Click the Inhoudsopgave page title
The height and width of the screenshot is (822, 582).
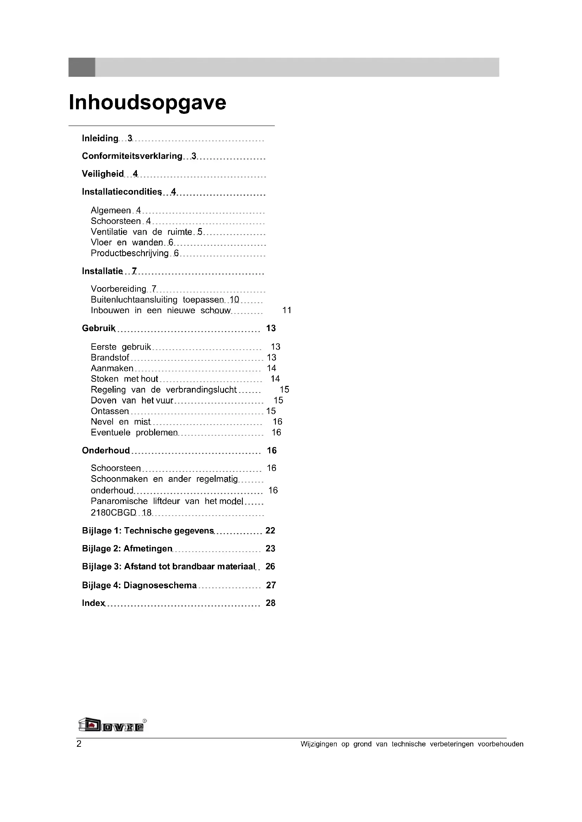point(147,103)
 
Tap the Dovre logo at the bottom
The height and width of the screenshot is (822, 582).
point(112,725)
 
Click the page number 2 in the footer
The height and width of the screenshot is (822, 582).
point(79,744)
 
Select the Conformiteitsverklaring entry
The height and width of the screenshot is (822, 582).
point(132,156)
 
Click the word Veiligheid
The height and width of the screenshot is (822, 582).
point(102,174)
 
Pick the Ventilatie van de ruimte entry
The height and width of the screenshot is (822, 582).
point(141,232)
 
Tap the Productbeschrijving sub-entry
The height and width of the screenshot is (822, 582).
point(129,253)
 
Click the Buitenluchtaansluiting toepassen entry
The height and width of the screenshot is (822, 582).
point(157,300)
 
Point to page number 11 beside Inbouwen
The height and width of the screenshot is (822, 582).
point(287,310)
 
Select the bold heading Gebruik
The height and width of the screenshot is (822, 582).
point(99,328)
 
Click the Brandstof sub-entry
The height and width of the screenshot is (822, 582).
point(110,358)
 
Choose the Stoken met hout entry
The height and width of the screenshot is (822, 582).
point(124,379)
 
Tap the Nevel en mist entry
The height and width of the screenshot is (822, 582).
point(120,422)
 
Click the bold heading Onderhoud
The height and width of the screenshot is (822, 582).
point(106,451)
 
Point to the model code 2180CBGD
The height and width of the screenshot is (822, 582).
point(113,513)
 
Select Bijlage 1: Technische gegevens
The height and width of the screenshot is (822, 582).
point(148,531)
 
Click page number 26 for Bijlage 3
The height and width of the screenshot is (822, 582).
point(270,567)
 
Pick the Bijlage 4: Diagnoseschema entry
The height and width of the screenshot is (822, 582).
point(139,585)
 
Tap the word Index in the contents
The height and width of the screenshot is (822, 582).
point(93,603)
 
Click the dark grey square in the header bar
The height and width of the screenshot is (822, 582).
point(82,67)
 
